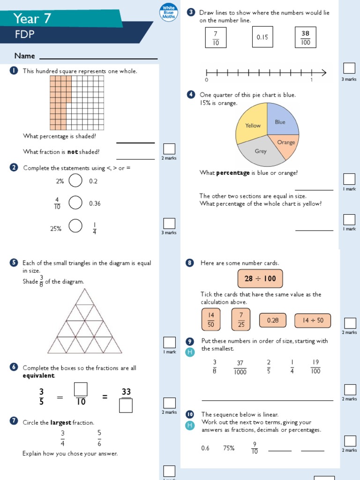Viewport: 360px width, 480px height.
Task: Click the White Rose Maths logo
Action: pos(168,12)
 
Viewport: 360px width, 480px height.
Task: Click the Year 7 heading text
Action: pos(32,19)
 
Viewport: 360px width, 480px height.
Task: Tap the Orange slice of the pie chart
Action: pos(285,143)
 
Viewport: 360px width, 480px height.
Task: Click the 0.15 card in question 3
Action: pos(262,37)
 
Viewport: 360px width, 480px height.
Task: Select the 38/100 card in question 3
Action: pos(305,37)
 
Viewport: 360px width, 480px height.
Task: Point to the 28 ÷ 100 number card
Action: pos(260,278)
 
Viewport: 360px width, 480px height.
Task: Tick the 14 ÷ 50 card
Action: pos(313,320)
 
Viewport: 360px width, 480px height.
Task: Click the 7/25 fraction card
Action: pos(241,319)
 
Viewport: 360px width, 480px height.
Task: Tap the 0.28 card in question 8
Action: pos(272,320)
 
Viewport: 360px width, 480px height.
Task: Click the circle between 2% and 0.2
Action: pos(75,180)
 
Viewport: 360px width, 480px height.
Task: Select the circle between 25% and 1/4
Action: pos(75,226)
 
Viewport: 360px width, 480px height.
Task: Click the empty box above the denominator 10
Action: pos(81,389)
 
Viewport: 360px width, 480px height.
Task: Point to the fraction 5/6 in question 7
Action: pos(99,437)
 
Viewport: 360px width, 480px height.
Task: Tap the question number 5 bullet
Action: pos(14,263)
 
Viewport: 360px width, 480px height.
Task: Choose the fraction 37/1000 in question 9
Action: pos(240,367)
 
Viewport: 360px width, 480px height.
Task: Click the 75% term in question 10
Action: pos(229,448)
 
